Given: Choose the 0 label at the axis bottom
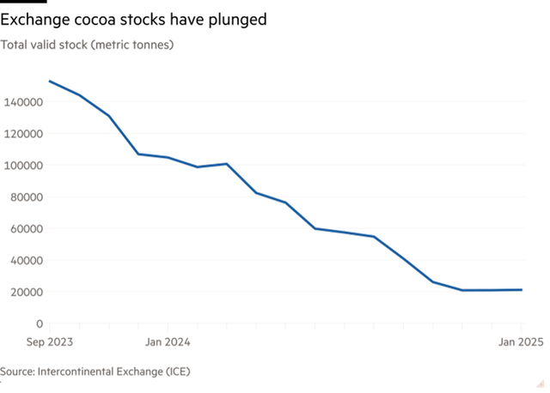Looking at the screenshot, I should pos(40,323).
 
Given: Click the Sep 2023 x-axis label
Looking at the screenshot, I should pos(48,342).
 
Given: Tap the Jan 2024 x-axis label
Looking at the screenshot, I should pos(168,342).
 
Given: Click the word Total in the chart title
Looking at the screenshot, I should pos(14,44).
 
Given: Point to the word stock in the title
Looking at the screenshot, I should pos(75,44).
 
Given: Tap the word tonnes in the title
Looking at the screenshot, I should pos(151,44).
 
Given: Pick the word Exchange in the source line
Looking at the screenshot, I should pos(137,372).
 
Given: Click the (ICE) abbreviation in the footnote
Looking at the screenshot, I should pos(178,372).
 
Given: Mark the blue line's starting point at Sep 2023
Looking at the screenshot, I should pos(49,81).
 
